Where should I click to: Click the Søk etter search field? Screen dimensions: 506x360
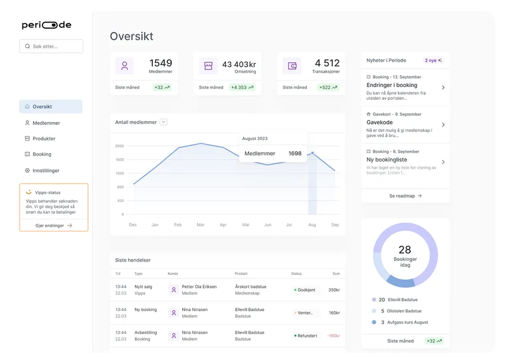pyautogui.click(x=51, y=46)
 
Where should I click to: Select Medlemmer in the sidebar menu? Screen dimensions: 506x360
pyautogui.click(x=46, y=123)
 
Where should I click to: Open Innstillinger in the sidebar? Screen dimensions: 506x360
pyautogui.click(x=46, y=170)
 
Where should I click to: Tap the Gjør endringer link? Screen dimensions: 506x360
pyautogui.click(x=53, y=226)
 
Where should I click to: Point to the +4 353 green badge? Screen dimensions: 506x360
pyautogui.click(x=242, y=87)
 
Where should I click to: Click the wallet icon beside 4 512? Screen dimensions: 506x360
pyautogui.click(x=292, y=66)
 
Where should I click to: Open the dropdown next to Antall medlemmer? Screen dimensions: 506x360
pyautogui.click(x=164, y=122)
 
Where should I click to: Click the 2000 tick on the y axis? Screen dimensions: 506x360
pyautogui.click(x=119, y=146)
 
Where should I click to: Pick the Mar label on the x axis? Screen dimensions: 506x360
pyautogui.click(x=200, y=224)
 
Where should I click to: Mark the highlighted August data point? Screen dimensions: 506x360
pyautogui.click(x=313, y=153)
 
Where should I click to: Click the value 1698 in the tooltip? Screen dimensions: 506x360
pyautogui.click(x=295, y=154)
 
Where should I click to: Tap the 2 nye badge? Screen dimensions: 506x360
pyautogui.click(x=433, y=60)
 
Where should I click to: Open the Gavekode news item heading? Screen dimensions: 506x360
pyautogui.click(x=379, y=123)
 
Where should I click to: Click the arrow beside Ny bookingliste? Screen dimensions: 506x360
pyautogui.click(x=443, y=162)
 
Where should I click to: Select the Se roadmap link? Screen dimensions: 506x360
pyautogui.click(x=405, y=196)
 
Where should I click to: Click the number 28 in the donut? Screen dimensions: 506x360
pyautogui.click(x=405, y=250)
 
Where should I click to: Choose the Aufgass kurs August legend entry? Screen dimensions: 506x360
pyautogui.click(x=400, y=322)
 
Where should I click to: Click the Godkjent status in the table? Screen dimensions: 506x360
pyautogui.click(x=305, y=290)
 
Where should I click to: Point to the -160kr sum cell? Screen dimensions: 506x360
pyautogui.click(x=333, y=336)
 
